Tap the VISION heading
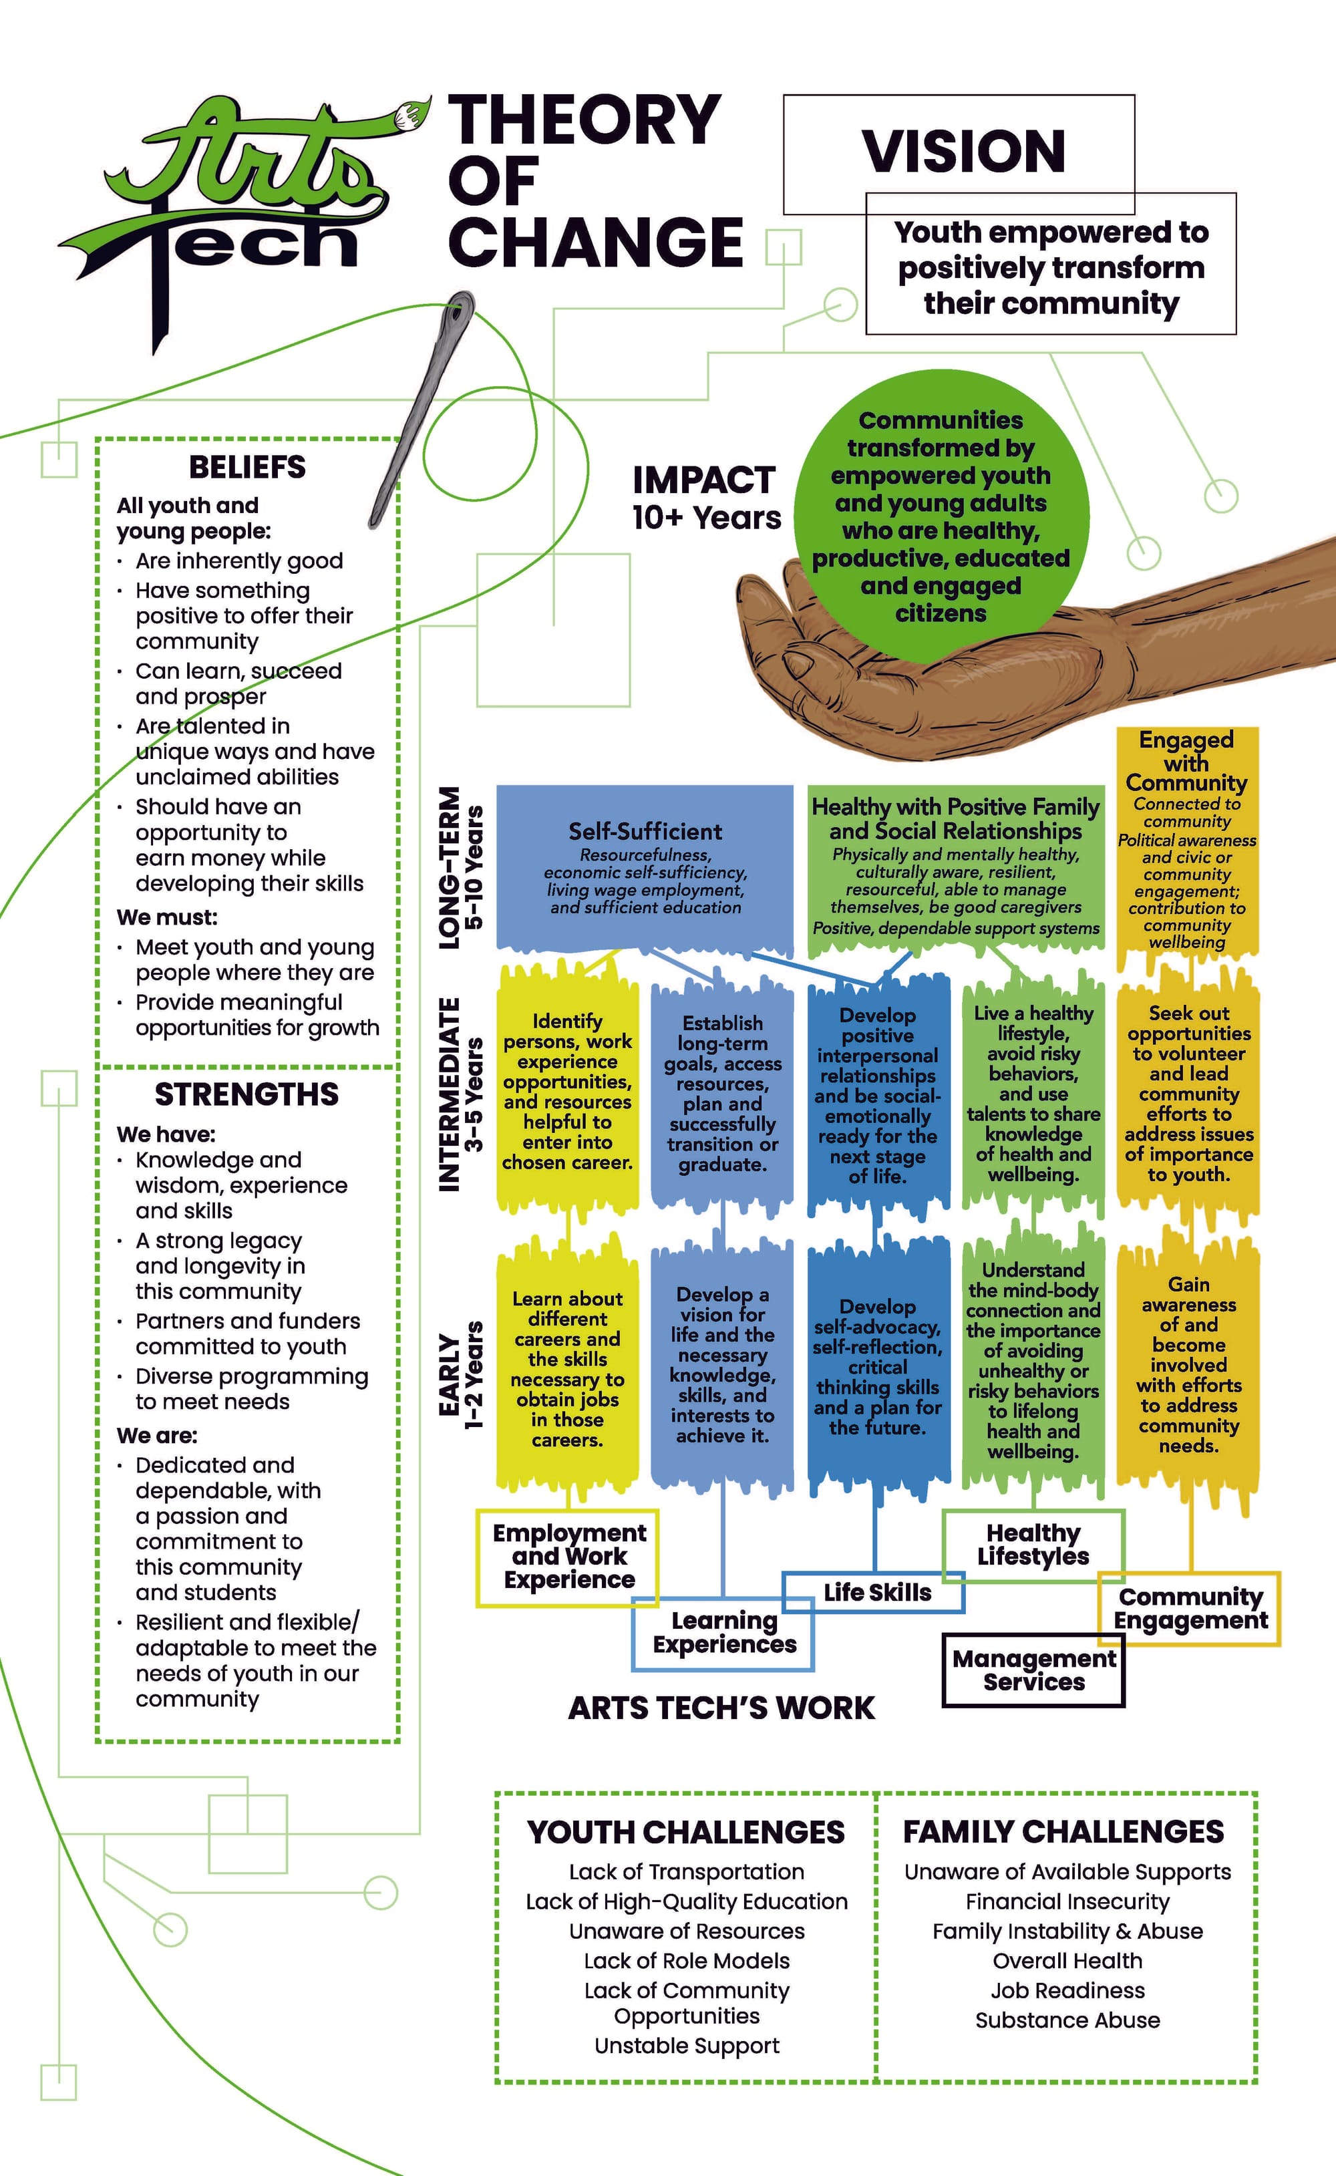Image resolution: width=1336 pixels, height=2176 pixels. [963, 151]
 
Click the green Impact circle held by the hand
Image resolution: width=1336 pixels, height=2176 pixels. [941, 517]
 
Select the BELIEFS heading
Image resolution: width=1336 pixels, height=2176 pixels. [247, 466]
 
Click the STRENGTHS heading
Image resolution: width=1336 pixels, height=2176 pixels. [246, 1094]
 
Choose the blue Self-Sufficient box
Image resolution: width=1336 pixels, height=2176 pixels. [645, 866]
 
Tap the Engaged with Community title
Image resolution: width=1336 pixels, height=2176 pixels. [1186, 761]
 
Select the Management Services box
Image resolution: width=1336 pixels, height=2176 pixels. [1034, 1670]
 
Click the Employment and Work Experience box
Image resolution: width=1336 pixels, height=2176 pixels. [569, 1556]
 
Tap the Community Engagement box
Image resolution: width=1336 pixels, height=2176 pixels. [1190, 1608]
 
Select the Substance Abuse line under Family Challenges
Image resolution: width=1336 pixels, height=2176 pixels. [1067, 2020]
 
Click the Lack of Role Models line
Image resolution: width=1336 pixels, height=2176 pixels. [687, 1960]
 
